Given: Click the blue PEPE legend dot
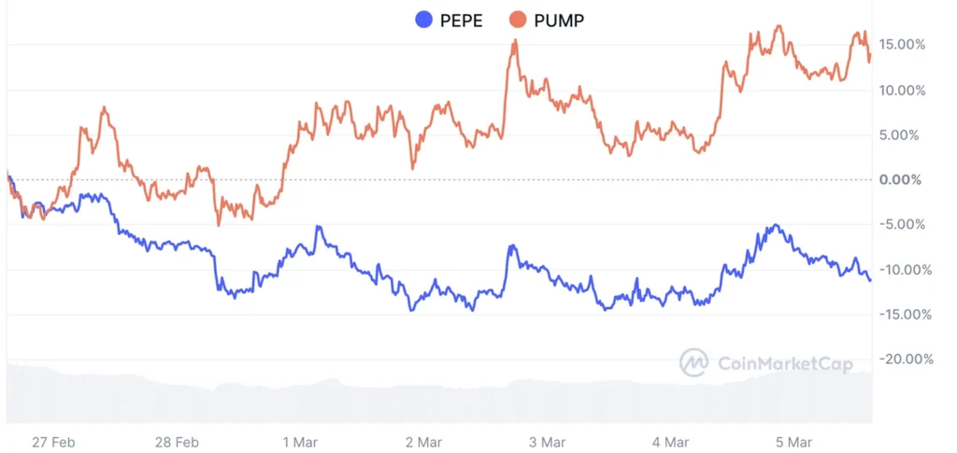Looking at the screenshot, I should (x=423, y=20).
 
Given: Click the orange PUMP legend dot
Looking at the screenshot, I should (x=518, y=20).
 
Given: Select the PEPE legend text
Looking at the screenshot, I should (x=462, y=20).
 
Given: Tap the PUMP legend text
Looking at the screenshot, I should (x=559, y=20).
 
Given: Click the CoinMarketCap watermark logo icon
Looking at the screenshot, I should (x=693, y=362).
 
